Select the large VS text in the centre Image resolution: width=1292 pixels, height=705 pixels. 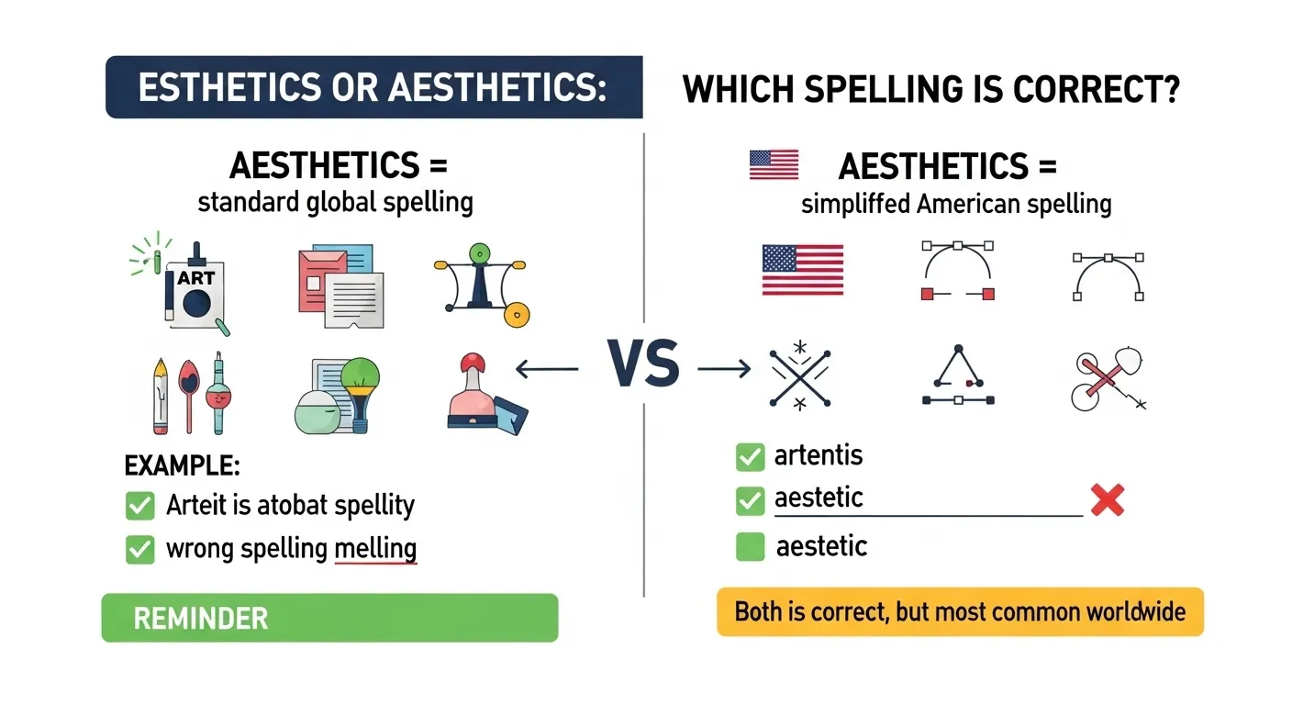pyautogui.click(x=643, y=365)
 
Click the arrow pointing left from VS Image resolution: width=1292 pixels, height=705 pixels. pyautogui.click(x=547, y=369)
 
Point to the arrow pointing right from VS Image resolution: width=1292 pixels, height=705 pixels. pyautogui.click(x=725, y=369)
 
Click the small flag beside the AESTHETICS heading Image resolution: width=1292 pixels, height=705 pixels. pyautogui.click(x=774, y=165)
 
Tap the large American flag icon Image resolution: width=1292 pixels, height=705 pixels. pyautogui.click(x=803, y=270)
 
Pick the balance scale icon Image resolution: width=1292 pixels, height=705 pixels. pyautogui.click(x=480, y=281)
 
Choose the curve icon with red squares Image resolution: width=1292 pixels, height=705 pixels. pyautogui.click(x=958, y=272)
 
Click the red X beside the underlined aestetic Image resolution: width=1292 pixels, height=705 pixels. pyautogui.click(x=1108, y=500)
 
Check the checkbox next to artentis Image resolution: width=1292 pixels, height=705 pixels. pyautogui.click(x=750, y=455)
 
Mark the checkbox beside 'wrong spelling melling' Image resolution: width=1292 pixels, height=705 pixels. pyautogui.click(x=139, y=549)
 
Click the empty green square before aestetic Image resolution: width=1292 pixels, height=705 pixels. pyautogui.click(x=750, y=547)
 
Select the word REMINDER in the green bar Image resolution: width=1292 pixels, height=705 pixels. pyautogui.click(x=201, y=618)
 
